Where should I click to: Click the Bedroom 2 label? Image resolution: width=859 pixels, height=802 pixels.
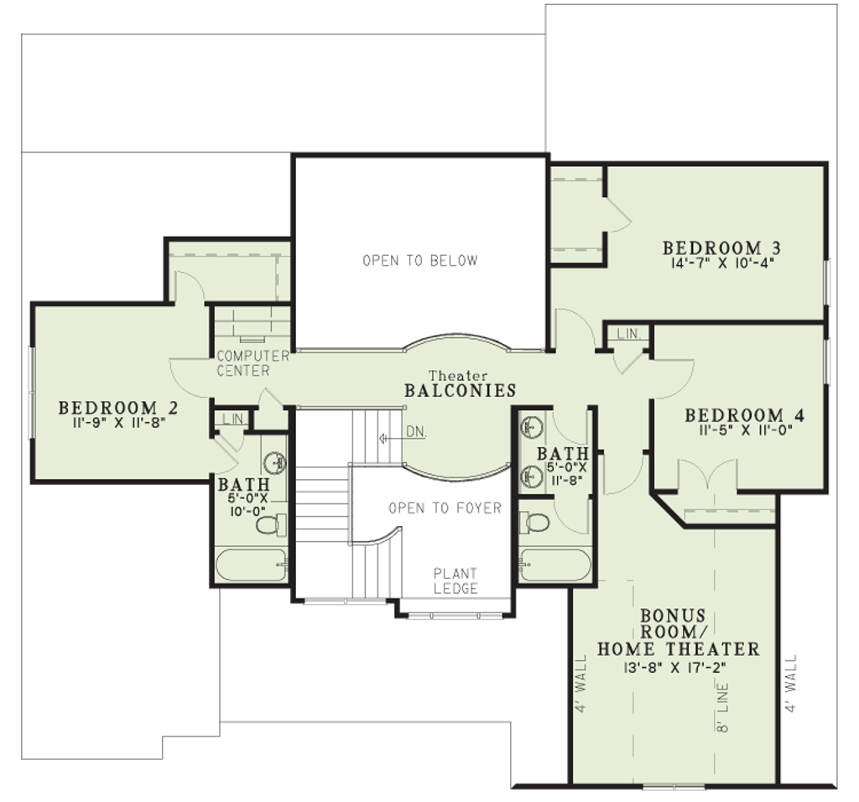click(x=118, y=408)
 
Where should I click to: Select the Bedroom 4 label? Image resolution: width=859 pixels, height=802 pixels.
click(x=745, y=415)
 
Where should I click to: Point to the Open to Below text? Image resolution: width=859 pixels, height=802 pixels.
click(x=420, y=261)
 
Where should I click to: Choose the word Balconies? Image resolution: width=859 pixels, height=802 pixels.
click(x=461, y=391)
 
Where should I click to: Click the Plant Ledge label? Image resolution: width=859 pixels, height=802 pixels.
click(x=456, y=581)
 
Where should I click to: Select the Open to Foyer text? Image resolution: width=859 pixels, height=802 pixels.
click(x=445, y=508)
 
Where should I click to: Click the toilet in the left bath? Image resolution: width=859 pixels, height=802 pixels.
click(x=271, y=525)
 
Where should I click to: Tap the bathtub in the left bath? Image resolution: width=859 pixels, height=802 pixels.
click(x=252, y=565)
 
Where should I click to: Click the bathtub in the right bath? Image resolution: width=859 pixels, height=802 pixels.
click(x=555, y=565)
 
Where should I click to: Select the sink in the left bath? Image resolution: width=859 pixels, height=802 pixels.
click(x=275, y=463)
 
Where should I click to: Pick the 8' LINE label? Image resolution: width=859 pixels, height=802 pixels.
click(x=722, y=707)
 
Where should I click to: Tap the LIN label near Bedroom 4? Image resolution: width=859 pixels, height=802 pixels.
click(x=627, y=334)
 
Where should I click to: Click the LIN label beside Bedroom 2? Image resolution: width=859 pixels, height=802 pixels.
click(x=232, y=419)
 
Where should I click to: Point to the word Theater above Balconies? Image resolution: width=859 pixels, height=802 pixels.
click(x=458, y=376)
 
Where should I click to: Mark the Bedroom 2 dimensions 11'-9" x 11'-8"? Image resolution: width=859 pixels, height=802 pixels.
click(x=118, y=422)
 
